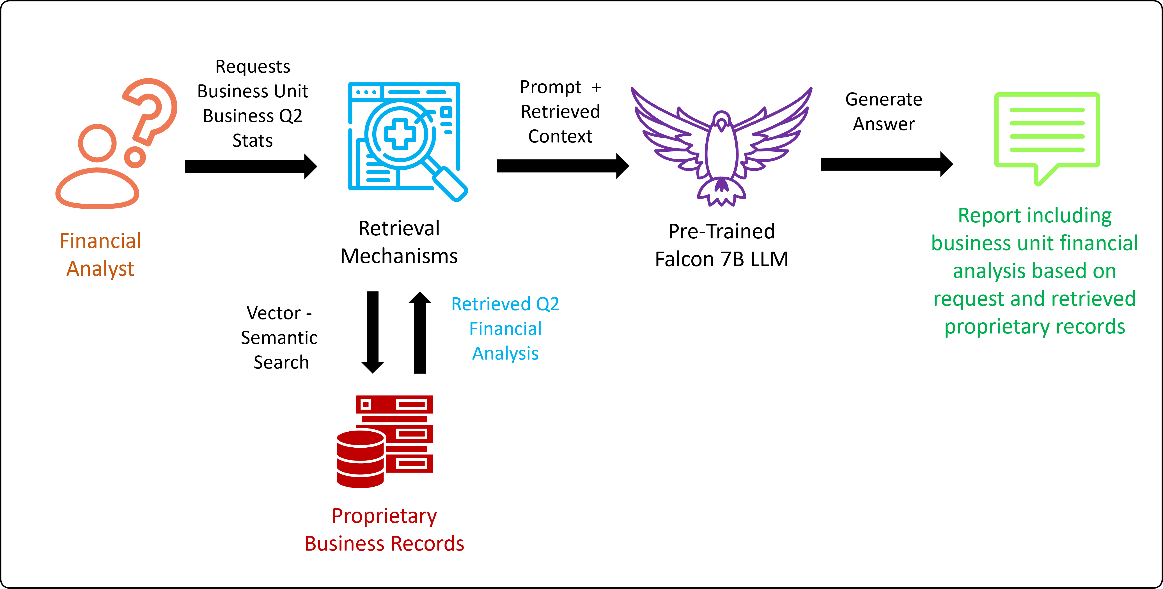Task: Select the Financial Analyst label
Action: pyautogui.click(x=100, y=255)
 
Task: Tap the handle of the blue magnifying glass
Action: pyautogui.click(x=449, y=183)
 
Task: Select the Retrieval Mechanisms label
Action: pyautogui.click(x=399, y=242)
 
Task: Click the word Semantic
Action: pyautogui.click(x=279, y=338)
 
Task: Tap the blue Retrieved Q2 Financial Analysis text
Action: pyautogui.click(x=505, y=328)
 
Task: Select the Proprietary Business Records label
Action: pyautogui.click(x=384, y=530)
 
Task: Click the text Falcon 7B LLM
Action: pyautogui.click(x=721, y=259)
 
